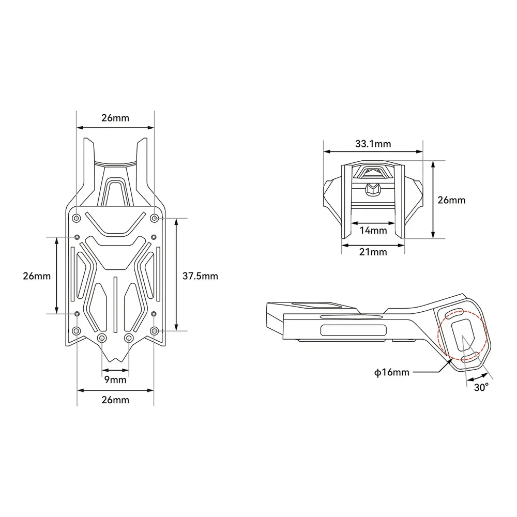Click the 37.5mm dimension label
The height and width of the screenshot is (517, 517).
click(x=201, y=276)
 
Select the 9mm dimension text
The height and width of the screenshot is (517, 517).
click(x=115, y=380)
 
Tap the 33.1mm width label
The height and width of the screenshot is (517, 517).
click(x=372, y=144)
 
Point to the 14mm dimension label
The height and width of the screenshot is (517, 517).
click(x=372, y=231)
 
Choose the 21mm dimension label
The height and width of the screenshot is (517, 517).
click(x=372, y=252)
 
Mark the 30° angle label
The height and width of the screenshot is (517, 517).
click(x=481, y=388)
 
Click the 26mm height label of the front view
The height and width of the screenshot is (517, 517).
click(x=451, y=200)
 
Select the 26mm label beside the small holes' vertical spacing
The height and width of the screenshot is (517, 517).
click(x=36, y=276)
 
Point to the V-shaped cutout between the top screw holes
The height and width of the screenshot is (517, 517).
click(x=115, y=223)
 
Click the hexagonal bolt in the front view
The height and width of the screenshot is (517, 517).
click(x=371, y=189)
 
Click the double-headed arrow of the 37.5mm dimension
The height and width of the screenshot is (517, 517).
click(x=177, y=274)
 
